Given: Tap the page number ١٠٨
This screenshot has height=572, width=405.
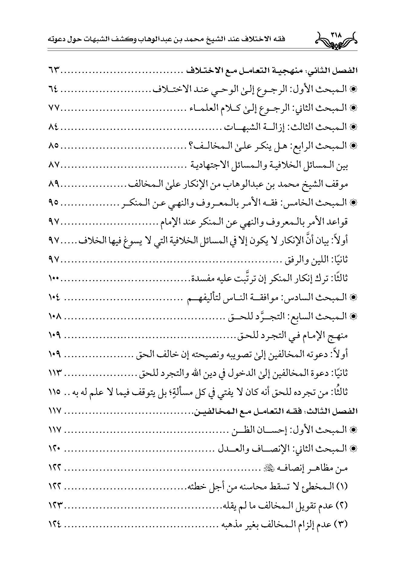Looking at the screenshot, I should [x=55, y=316].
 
